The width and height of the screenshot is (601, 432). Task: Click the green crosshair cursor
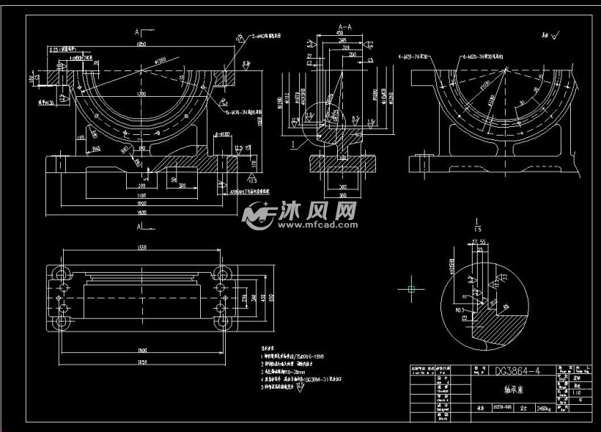tap(411, 289)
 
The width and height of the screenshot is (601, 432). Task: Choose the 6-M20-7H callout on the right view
tap(484, 56)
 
